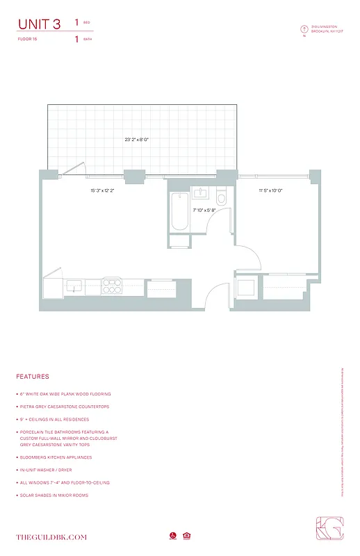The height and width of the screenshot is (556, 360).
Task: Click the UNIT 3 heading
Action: (x=42, y=24)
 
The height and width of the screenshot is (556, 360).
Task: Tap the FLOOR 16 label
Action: (x=28, y=40)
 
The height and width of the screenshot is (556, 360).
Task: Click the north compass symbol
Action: (x=304, y=28)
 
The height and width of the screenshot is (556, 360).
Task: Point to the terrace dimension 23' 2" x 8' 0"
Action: (x=137, y=140)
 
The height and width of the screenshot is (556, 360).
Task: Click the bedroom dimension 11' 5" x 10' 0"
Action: (x=271, y=190)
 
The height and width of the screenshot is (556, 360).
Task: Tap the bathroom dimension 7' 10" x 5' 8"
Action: (x=204, y=209)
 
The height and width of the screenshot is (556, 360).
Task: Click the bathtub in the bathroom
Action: (x=177, y=213)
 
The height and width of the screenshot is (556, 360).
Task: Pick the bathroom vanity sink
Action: (x=201, y=193)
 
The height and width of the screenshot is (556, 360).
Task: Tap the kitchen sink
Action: (x=73, y=285)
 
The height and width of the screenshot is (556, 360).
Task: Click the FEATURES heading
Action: (x=33, y=377)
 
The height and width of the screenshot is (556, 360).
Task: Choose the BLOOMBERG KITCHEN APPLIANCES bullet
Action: (x=55, y=457)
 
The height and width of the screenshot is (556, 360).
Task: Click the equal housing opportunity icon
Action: (x=186, y=536)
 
